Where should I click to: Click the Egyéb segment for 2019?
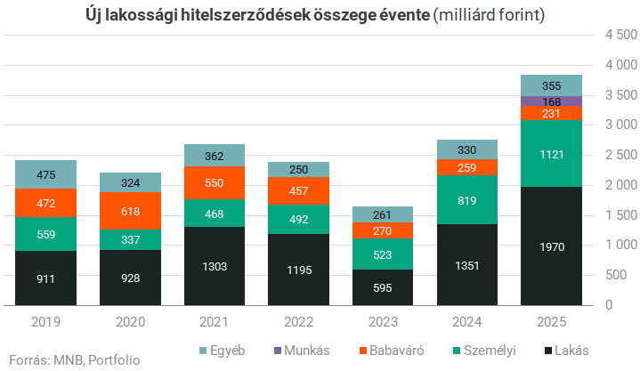click(x=45, y=174)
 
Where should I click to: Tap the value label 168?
click(x=549, y=101)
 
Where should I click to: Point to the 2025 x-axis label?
click(x=549, y=322)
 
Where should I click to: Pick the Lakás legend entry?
click(x=563, y=350)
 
